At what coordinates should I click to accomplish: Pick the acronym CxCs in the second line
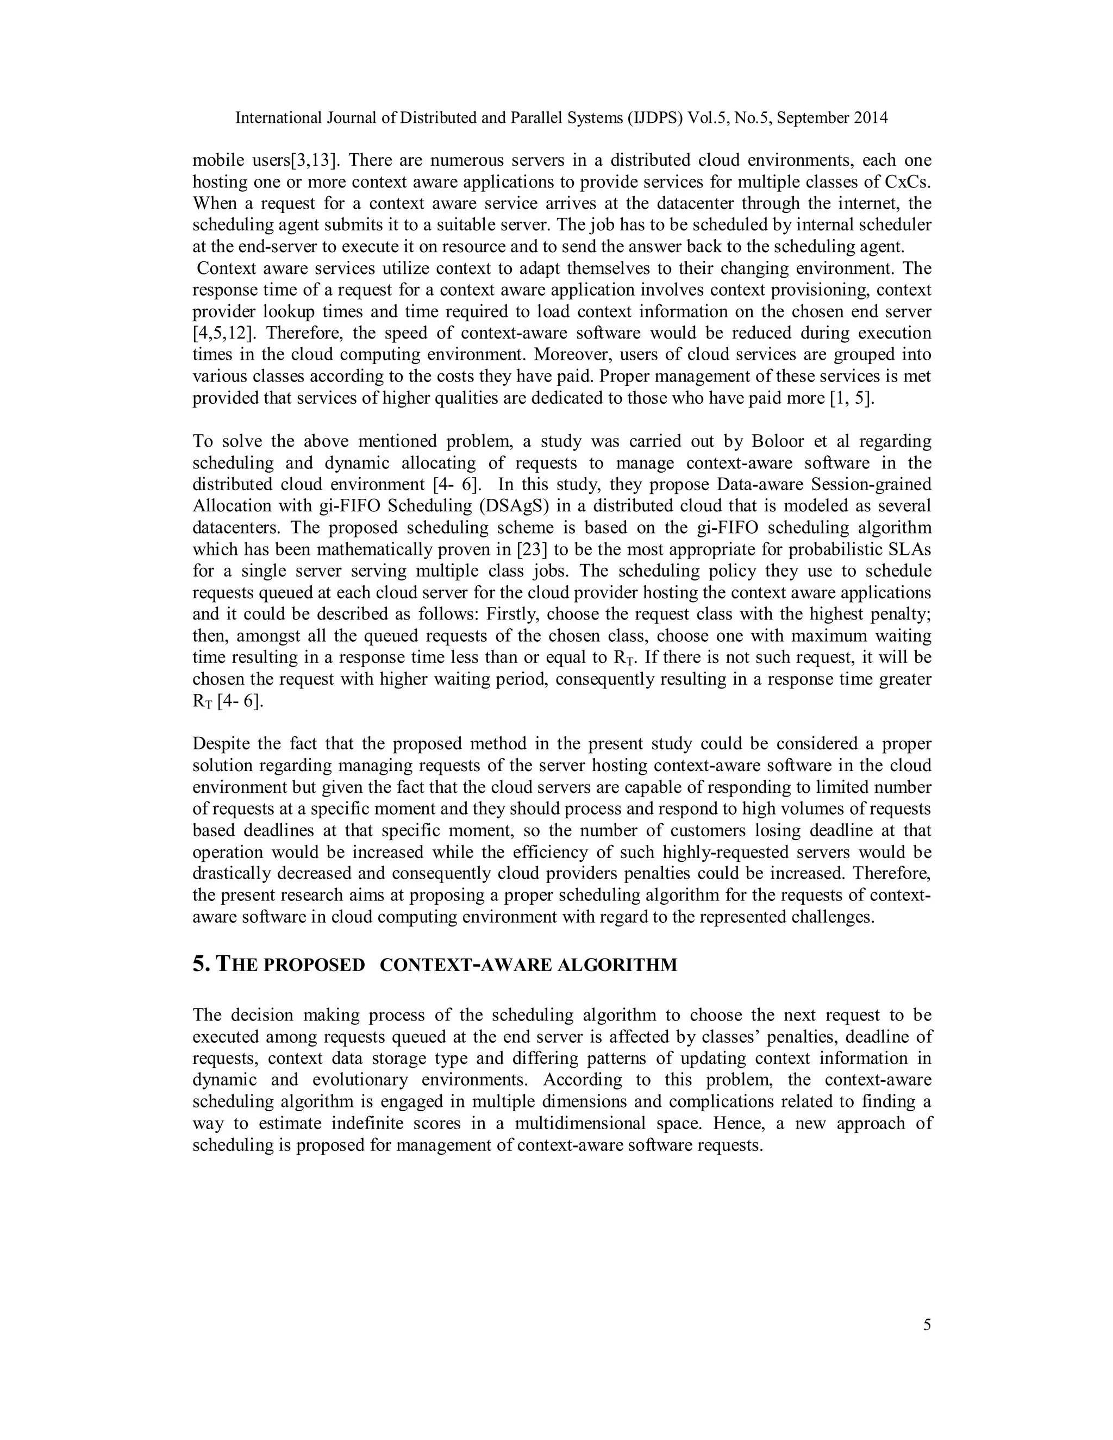coord(908,181)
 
